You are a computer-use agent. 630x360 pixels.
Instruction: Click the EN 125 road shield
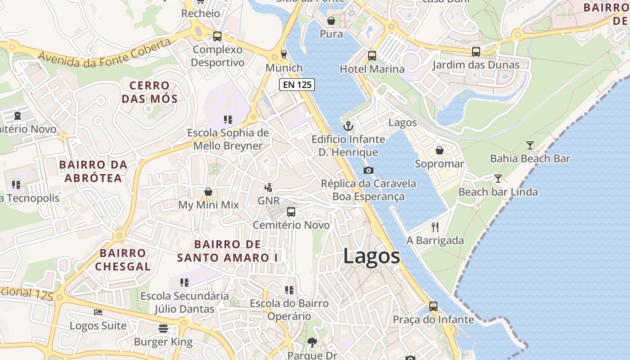click(297, 84)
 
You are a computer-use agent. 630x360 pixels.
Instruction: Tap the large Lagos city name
click(371, 256)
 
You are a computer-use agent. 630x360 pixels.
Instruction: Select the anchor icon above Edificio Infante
click(348, 126)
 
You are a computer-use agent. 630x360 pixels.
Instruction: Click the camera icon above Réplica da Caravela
click(368, 170)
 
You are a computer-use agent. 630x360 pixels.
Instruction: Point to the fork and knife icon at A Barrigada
click(435, 227)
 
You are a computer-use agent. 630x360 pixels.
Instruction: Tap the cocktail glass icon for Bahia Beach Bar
click(530, 145)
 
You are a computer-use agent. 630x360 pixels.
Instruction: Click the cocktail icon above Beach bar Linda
click(498, 178)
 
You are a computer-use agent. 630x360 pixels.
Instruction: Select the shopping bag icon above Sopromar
click(439, 150)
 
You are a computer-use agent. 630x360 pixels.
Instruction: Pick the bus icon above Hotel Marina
click(372, 56)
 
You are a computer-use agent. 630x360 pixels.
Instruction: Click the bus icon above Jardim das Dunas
click(476, 52)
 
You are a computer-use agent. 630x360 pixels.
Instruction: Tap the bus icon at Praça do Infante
click(433, 306)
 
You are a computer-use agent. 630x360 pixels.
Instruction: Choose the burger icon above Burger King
click(163, 328)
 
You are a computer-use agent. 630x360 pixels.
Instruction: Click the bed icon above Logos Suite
click(98, 312)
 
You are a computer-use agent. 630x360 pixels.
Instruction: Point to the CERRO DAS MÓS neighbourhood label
click(149, 92)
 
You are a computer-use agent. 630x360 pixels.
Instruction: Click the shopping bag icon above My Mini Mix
click(208, 192)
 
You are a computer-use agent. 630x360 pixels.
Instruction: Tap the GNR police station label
click(269, 201)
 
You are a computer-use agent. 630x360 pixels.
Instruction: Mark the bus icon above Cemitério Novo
click(291, 211)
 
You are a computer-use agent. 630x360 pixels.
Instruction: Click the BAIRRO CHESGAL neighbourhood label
click(123, 260)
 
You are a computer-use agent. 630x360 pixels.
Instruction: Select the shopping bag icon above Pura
click(331, 21)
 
